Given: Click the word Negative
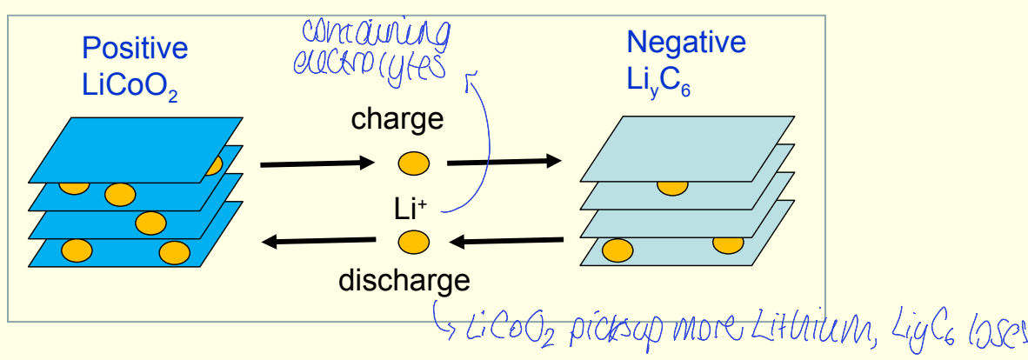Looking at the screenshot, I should click(686, 42).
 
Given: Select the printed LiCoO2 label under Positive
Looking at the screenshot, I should click(130, 85).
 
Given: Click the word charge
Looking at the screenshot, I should click(397, 119).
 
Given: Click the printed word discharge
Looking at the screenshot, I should click(404, 280).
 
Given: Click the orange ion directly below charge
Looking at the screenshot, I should click(414, 163).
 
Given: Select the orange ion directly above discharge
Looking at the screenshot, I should click(414, 242).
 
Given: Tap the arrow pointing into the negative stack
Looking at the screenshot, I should click(503, 161).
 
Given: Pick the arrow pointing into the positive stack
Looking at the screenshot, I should click(317, 242).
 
